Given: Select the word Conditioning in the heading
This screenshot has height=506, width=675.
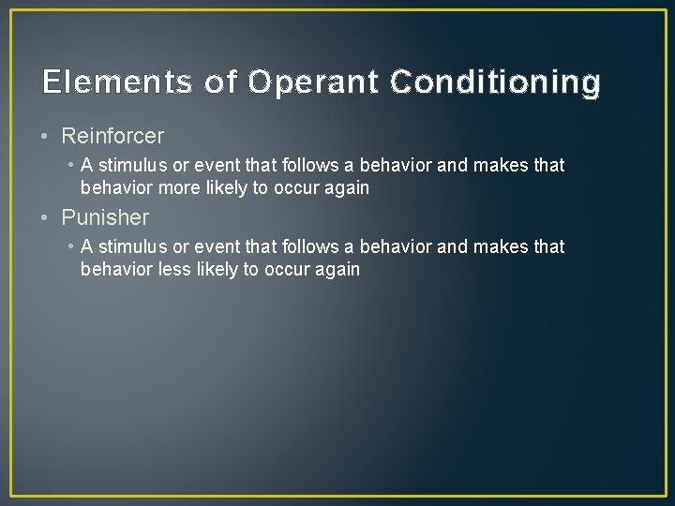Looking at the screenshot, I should [x=495, y=82].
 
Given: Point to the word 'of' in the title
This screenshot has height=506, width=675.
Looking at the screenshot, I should [x=220, y=82].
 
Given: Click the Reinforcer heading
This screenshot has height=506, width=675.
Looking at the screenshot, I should [x=112, y=136].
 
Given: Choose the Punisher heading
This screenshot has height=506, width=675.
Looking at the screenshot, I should [x=105, y=217].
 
